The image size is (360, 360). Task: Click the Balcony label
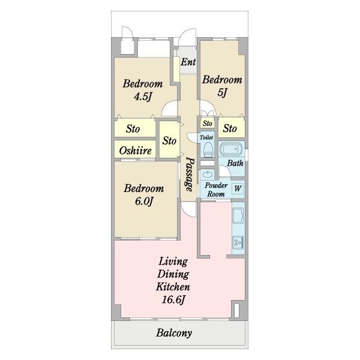(174, 332)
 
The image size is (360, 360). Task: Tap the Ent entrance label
(188, 62)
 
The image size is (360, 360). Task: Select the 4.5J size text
(143, 97)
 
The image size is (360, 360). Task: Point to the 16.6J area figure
(173, 299)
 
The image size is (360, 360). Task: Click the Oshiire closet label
(135, 151)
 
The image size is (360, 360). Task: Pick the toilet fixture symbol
(208, 149)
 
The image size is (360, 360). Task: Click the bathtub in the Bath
(231, 149)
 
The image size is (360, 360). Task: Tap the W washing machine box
(238, 188)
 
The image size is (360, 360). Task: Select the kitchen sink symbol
(238, 215)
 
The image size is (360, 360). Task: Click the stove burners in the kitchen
(238, 242)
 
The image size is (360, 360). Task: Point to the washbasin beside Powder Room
(208, 174)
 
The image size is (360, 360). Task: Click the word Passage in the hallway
(190, 174)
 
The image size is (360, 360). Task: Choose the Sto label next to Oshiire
(170, 140)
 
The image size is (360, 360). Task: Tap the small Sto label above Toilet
(208, 123)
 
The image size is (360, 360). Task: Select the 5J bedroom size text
(222, 92)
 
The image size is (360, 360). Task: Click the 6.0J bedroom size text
(144, 201)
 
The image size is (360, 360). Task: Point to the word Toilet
(206, 137)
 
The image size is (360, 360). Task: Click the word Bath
(235, 163)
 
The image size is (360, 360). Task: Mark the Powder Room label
(216, 190)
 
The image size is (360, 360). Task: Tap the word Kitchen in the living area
(173, 287)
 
